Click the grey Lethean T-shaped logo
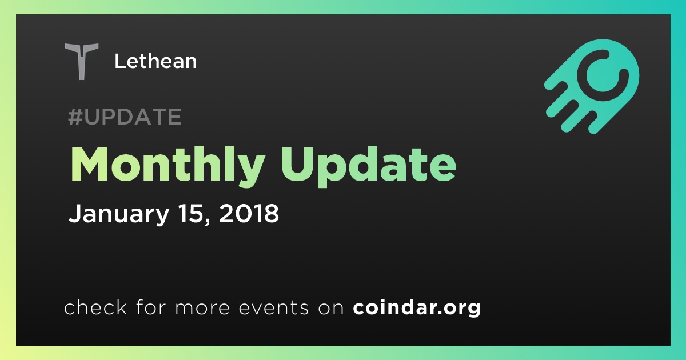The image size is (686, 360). (x=81, y=61)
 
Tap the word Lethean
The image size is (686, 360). (x=155, y=61)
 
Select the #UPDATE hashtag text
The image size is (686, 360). (x=125, y=117)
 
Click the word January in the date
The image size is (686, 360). (x=119, y=214)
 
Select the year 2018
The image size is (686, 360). (x=249, y=213)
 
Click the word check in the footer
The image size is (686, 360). (x=95, y=307)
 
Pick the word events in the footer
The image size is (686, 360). (x=273, y=307)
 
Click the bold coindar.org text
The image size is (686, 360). (x=417, y=307)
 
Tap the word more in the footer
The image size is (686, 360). (x=202, y=308)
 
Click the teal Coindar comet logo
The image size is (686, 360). (x=592, y=86)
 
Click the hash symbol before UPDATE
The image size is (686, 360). (x=75, y=117)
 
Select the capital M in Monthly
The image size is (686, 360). (x=90, y=165)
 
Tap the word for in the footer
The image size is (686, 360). (x=151, y=307)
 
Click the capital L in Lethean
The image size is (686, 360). (x=120, y=61)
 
